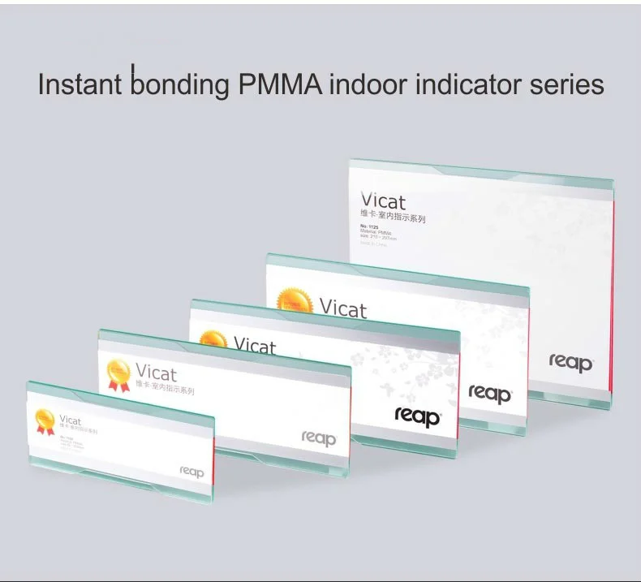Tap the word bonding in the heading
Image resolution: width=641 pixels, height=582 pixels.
pyautogui.click(x=174, y=84)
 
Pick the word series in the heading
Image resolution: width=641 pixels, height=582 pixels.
pyautogui.click(x=568, y=84)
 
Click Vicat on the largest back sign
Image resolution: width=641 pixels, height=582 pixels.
pyautogui.click(x=384, y=201)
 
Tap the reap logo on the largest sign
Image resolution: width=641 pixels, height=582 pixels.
pyautogui.click(x=570, y=362)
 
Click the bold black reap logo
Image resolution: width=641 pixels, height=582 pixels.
pyautogui.click(x=417, y=416)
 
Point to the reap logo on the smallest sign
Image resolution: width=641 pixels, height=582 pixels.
pyautogui.click(x=191, y=471)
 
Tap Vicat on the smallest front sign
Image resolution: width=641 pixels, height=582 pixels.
pyautogui.click(x=71, y=420)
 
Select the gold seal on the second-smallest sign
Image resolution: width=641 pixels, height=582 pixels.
pyautogui.click(x=118, y=374)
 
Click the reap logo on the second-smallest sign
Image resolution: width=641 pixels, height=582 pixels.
pyautogui.click(x=318, y=438)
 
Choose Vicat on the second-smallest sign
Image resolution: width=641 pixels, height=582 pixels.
pyautogui.click(x=156, y=373)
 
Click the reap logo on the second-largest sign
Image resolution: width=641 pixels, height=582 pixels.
pyautogui.click(x=490, y=394)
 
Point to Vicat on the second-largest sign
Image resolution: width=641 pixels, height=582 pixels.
pyautogui.click(x=342, y=308)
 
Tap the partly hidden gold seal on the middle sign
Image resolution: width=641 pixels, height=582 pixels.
pyautogui.click(x=213, y=339)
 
